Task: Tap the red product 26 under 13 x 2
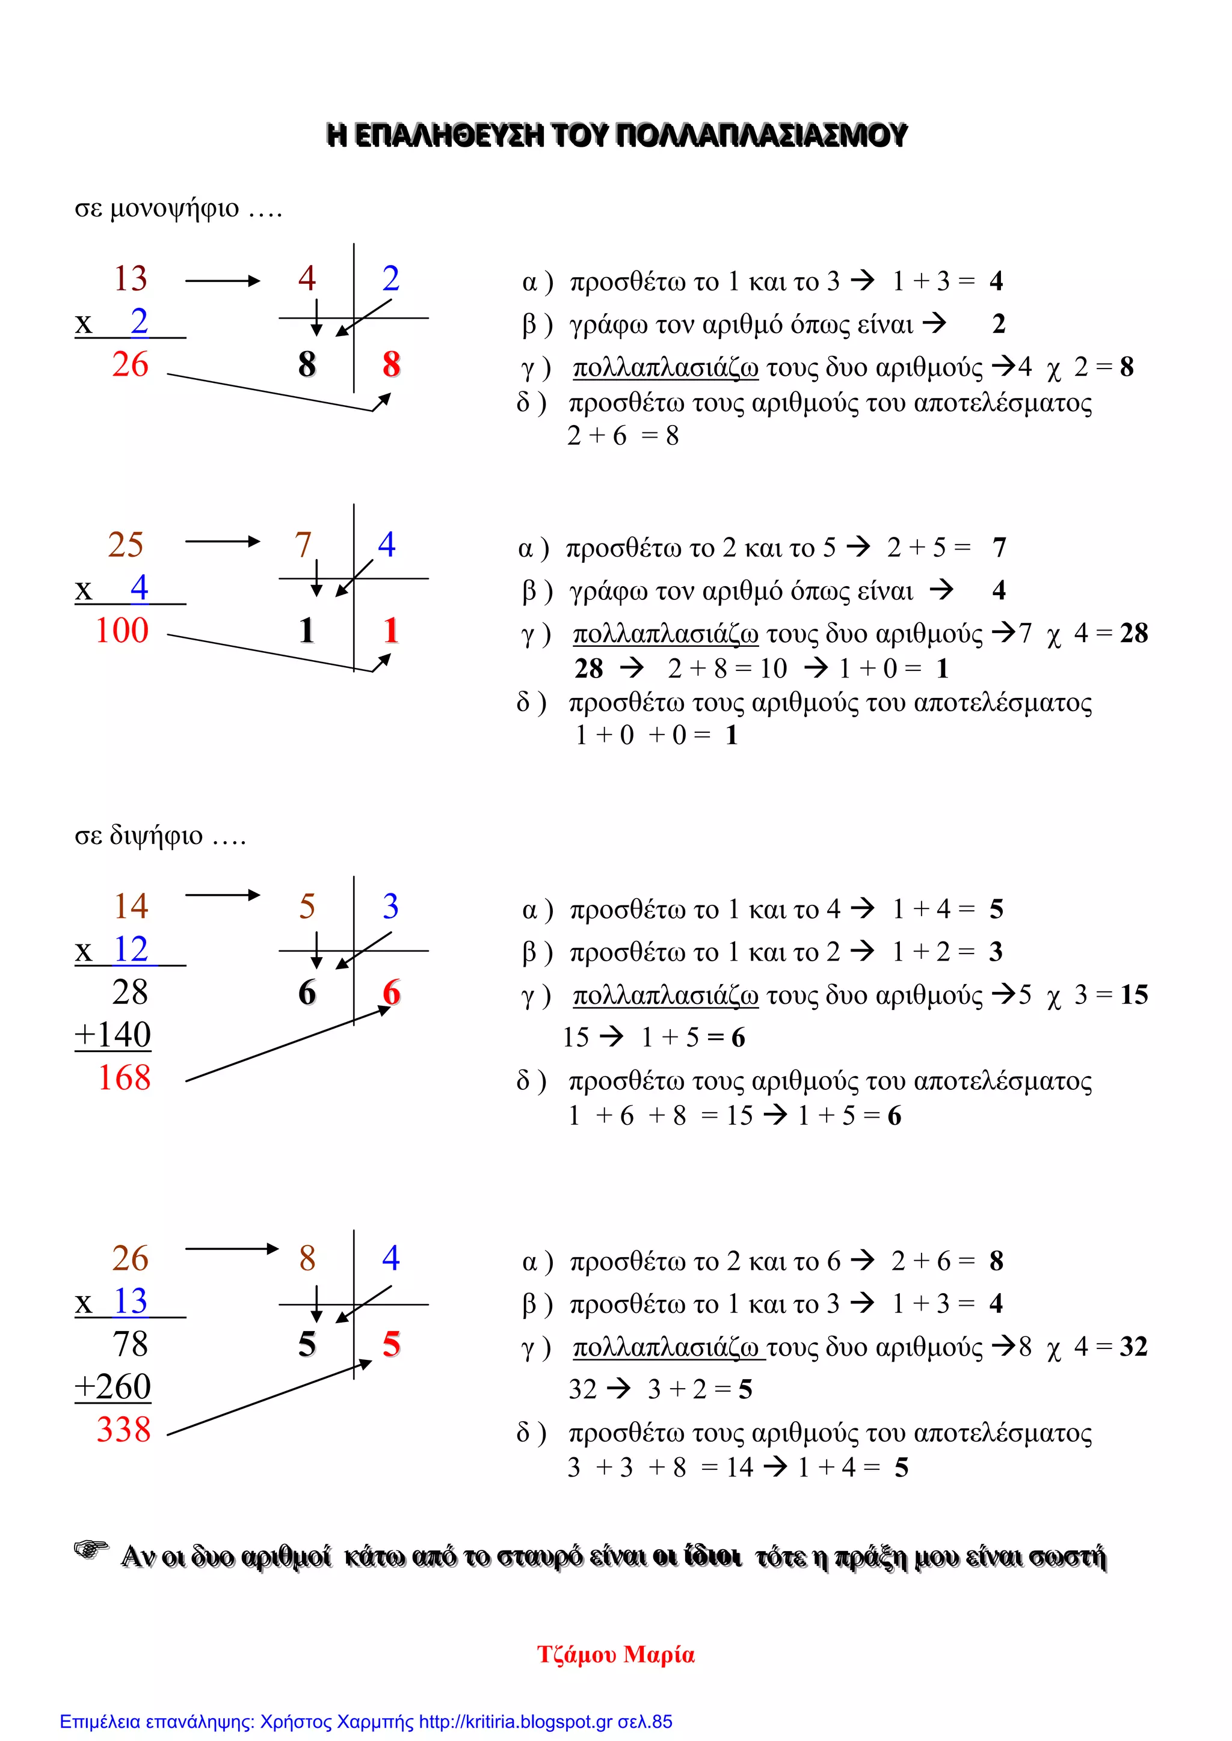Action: (x=130, y=365)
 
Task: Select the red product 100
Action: (x=122, y=631)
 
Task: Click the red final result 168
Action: (x=124, y=1077)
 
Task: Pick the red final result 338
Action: (x=124, y=1430)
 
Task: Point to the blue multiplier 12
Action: (x=131, y=949)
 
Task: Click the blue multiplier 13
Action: (x=131, y=1301)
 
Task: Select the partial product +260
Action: (x=113, y=1387)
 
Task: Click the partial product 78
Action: (x=130, y=1344)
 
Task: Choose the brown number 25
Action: (x=125, y=545)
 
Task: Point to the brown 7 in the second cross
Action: (x=303, y=545)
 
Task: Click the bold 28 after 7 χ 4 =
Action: (x=1133, y=633)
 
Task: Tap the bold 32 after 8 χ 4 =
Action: (x=1133, y=1347)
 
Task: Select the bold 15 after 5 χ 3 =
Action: (x=1133, y=995)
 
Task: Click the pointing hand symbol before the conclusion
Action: (x=91, y=1550)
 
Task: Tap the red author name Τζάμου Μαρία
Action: (x=615, y=1654)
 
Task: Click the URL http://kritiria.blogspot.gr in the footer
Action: (x=515, y=1722)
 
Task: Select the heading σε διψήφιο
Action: (x=160, y=836)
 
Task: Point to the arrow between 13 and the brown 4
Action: (x=222, y=281)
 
